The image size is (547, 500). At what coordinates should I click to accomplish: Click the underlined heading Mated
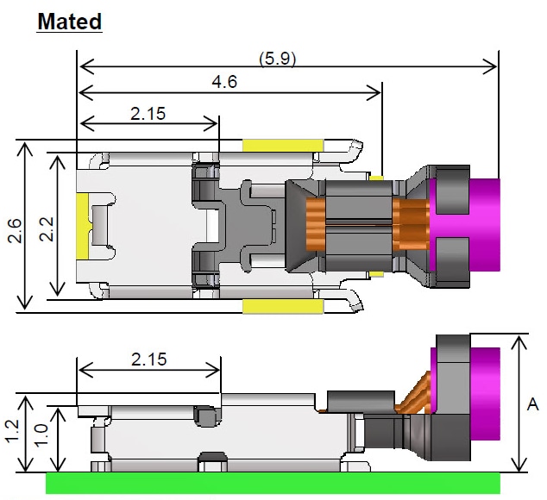pyautogui.click(x=69, y=21)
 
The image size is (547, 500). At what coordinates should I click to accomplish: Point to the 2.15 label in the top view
pyautogui.click(x=148, y=113)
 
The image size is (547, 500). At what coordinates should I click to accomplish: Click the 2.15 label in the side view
pyautogui.click(x=148, y=359)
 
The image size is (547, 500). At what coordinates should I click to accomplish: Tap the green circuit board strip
pyautogui.click(x=272, y=483)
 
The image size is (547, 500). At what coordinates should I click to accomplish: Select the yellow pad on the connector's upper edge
pyautogui.click(x=282, y=145)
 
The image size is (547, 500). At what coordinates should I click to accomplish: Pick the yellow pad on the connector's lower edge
pyautogui.click(x=282, y=305)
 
